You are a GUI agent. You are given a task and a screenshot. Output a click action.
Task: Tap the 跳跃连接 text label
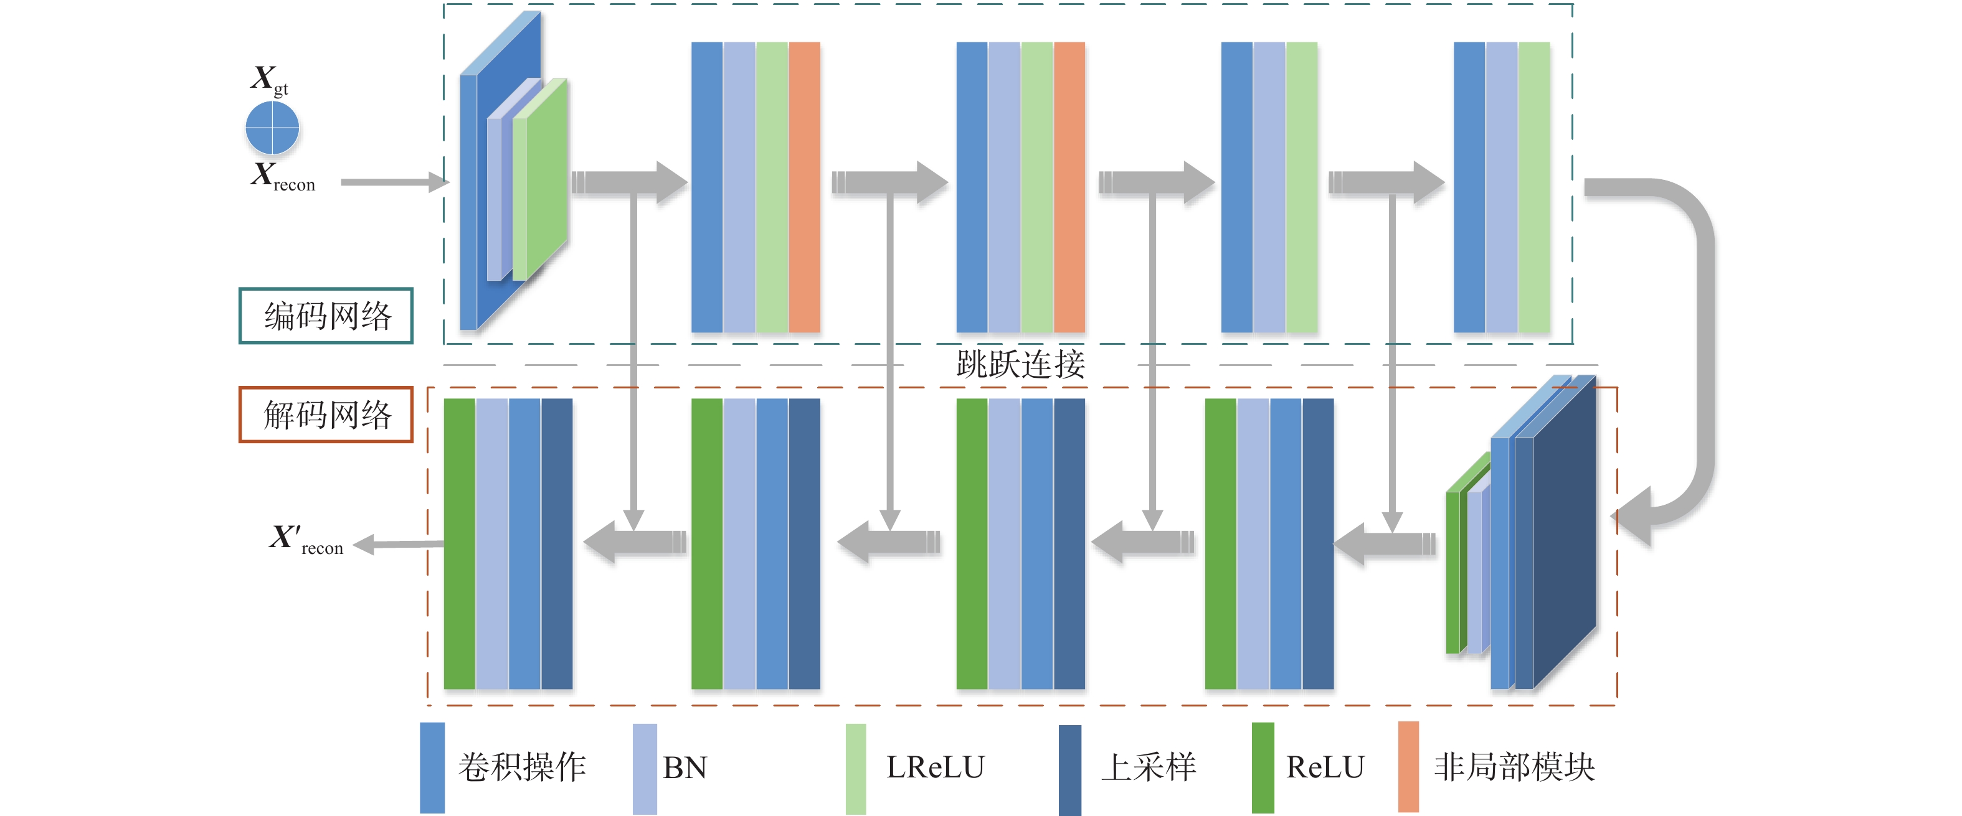(1021, 364)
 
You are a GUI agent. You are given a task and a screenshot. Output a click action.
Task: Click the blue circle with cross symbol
(272, 128)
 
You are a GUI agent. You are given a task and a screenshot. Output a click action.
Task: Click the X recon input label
(282, 177)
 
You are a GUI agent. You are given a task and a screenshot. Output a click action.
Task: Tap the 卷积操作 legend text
(522, 767)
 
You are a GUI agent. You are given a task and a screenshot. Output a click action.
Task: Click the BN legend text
(685, 767)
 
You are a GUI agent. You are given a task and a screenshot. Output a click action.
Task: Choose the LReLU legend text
(936, 767)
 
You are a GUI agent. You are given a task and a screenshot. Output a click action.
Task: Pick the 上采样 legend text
(1149, 767)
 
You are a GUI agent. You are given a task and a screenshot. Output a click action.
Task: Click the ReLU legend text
(1325, 767)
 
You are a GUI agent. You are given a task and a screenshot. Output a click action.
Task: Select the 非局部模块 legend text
(1514, 767)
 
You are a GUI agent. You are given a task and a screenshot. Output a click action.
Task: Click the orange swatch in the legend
(1408, 767)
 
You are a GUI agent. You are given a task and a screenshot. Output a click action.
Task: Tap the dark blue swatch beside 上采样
(1069, 769)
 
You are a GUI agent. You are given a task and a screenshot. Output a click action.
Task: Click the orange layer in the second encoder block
(804, 187)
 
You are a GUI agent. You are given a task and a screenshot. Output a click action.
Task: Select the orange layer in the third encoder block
(1069, 187)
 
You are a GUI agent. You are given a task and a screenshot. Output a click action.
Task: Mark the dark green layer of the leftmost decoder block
(459, 543)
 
